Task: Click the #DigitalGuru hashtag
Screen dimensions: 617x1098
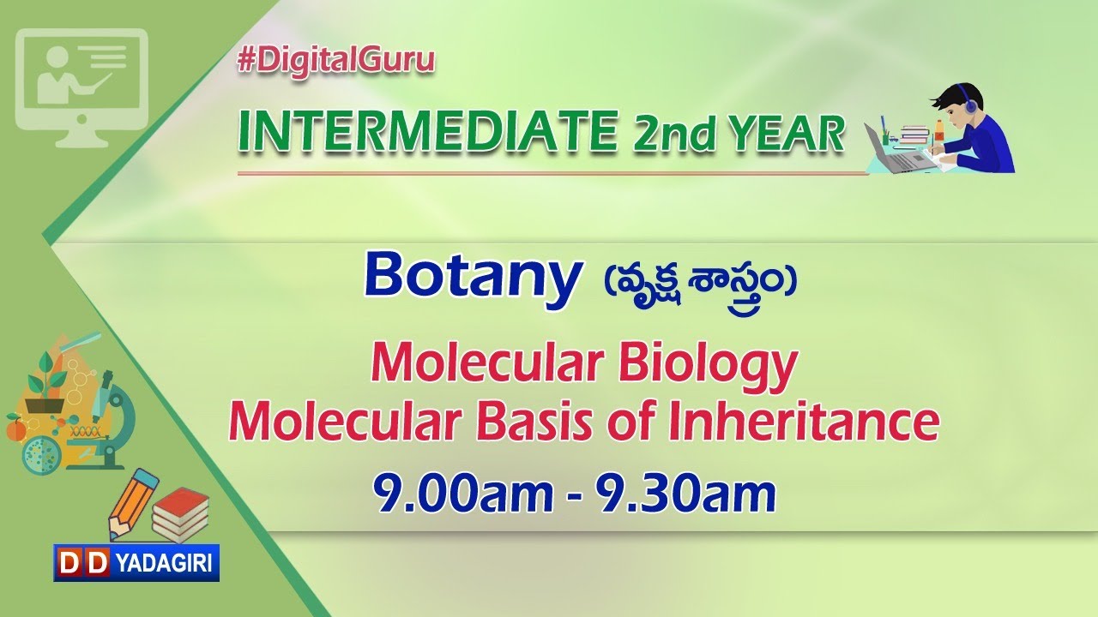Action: coord(336,61)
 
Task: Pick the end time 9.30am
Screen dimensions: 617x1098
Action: coord(685,494)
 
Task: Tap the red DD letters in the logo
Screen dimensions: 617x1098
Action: coord(83,562)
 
